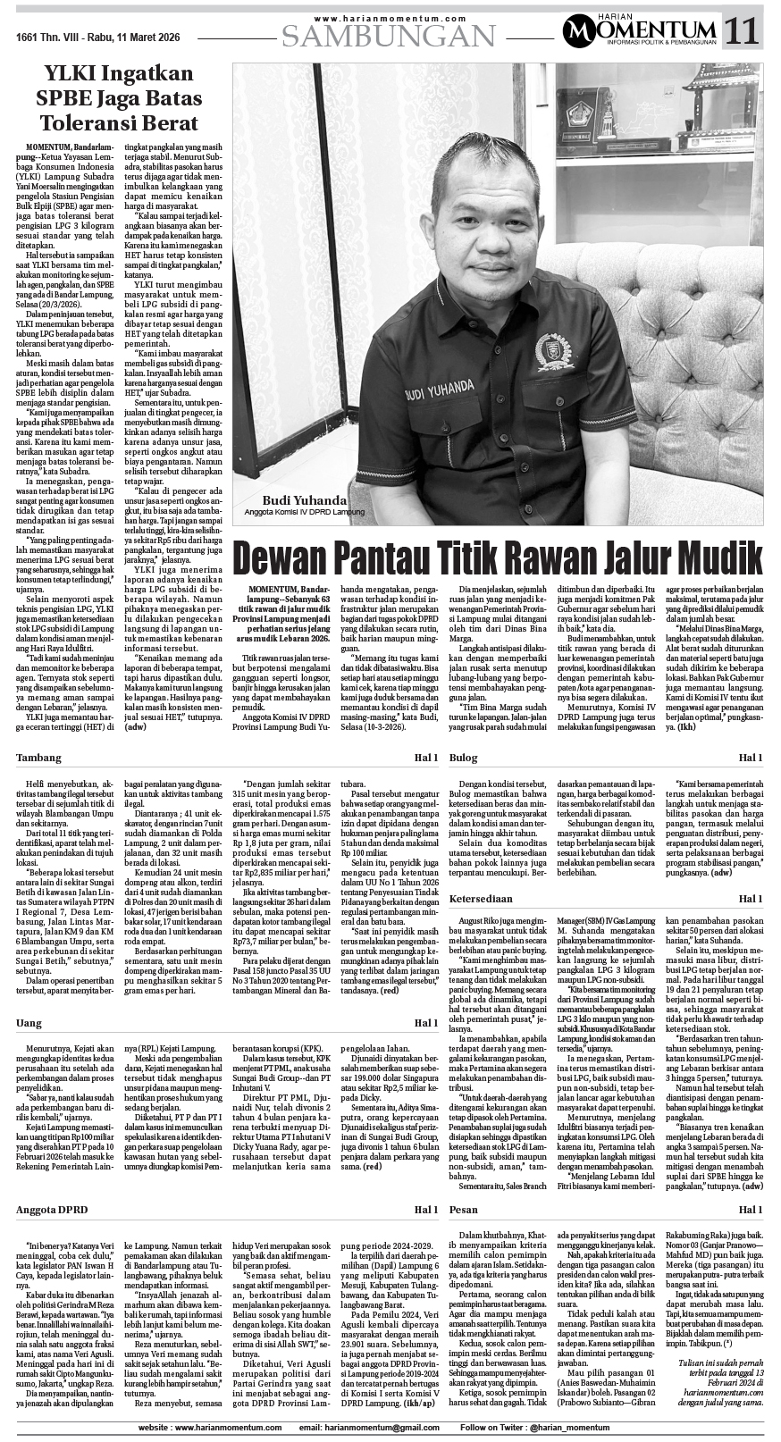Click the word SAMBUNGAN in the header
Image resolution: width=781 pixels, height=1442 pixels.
point(389,36)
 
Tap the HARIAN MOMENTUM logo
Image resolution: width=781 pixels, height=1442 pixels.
point(640,32)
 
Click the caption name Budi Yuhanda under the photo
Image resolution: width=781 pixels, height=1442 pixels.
point(292,499)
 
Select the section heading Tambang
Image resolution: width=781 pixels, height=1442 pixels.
point(39,758)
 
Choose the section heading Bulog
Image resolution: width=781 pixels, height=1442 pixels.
point(463,758)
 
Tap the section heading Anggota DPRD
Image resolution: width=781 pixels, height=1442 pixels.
point(54,1210)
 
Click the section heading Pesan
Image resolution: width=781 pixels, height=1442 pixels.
point(463,1210)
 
